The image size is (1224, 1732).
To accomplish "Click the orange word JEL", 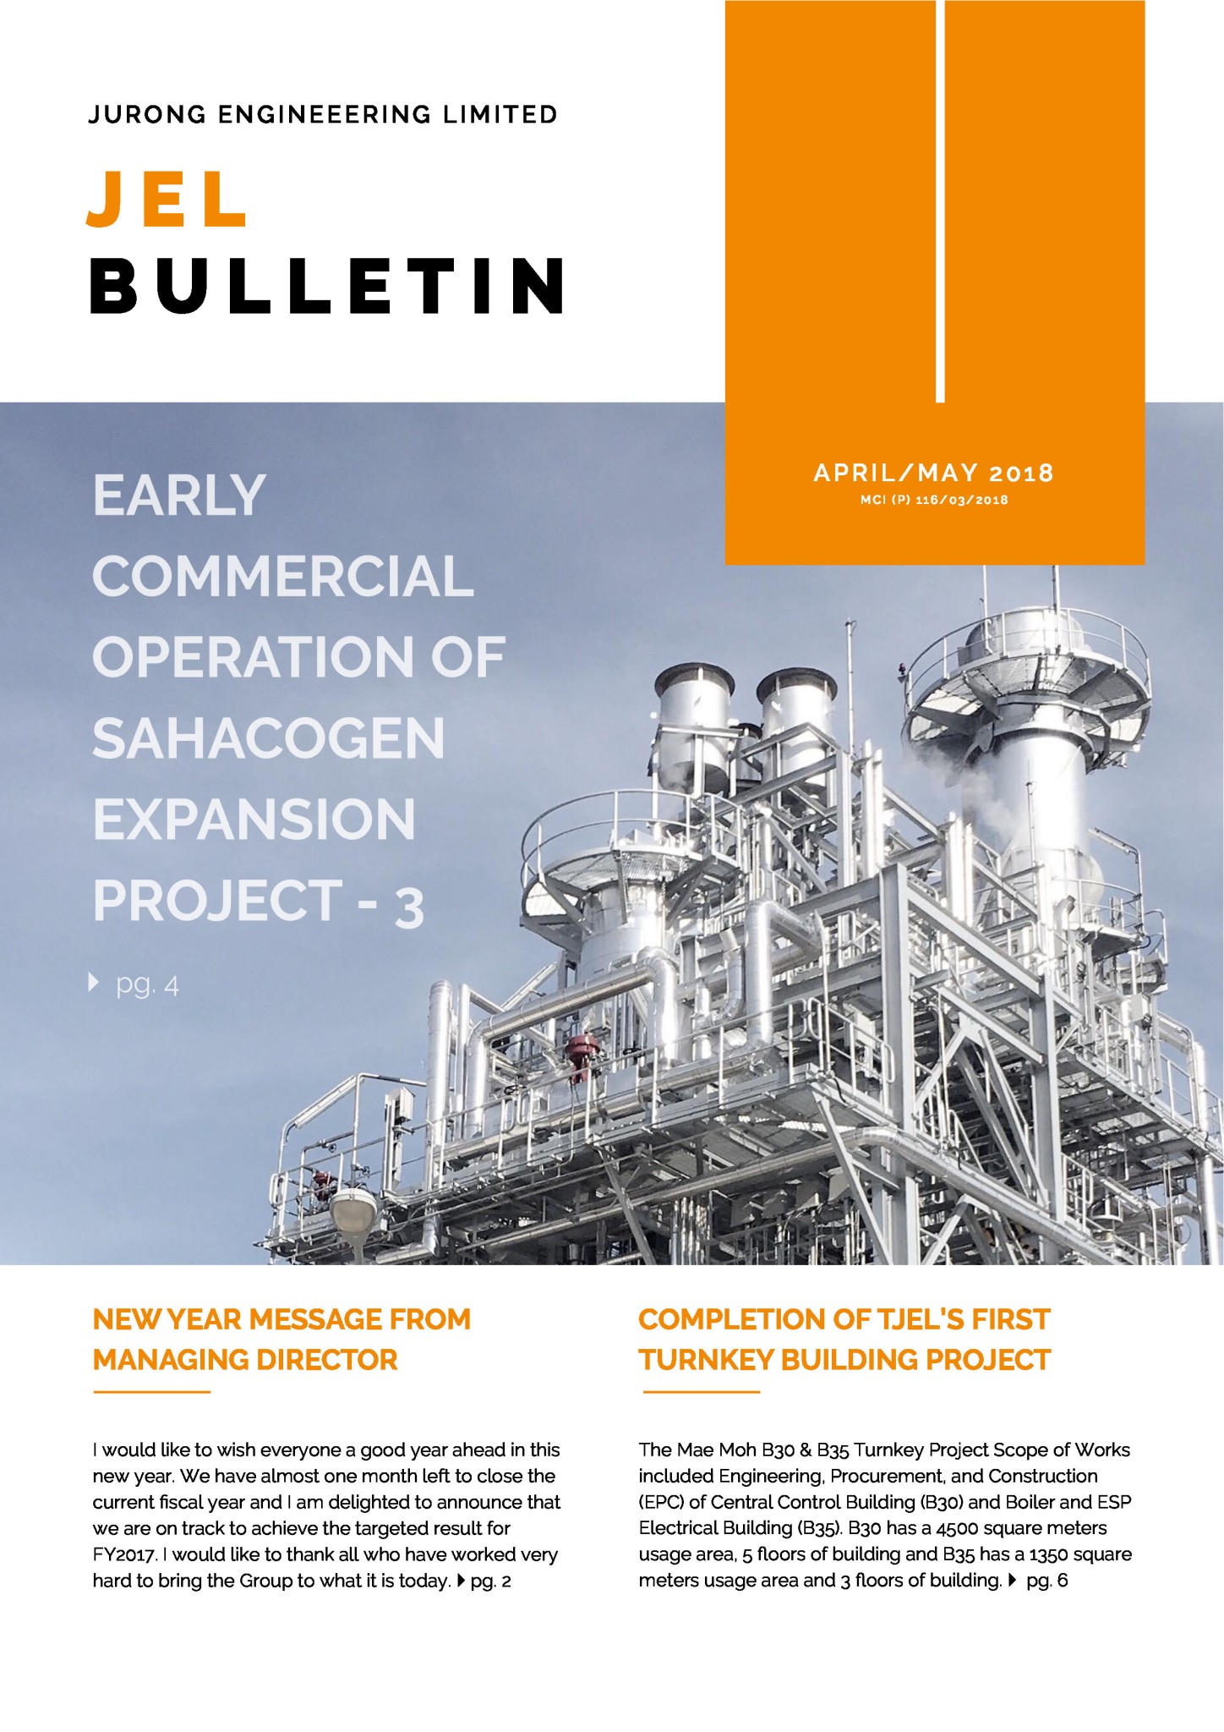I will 167,200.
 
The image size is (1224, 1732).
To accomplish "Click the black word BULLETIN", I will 326,286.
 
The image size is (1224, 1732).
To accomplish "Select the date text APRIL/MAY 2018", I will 933,473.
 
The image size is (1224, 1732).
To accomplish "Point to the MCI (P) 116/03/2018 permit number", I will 934,500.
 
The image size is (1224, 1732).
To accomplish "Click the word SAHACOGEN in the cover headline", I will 268,738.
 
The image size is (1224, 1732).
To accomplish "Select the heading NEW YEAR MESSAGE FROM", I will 281,1319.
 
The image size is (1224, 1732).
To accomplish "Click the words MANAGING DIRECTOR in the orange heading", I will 245,1360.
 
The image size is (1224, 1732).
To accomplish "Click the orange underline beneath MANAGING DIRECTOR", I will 151,1391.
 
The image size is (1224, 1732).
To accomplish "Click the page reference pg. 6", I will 1046,1581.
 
